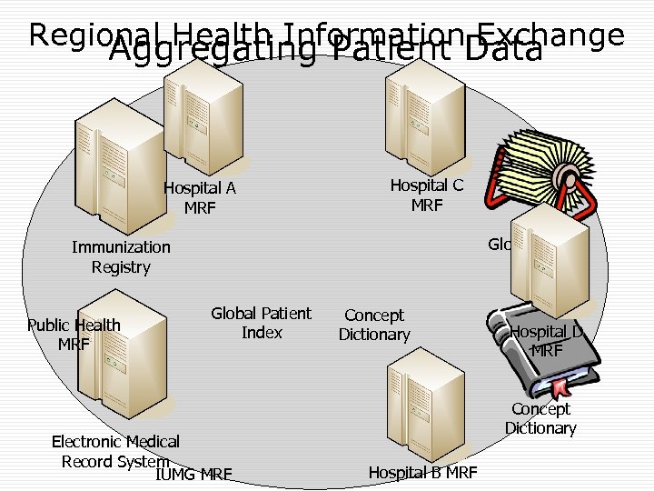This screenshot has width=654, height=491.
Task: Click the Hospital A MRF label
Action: pyautogui.click(x=200, y=198)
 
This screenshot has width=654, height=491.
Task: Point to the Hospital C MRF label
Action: pyautogui.click(x=426, y=195)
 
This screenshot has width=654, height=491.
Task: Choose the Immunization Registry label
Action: pyautogui.click(x=121, y=256)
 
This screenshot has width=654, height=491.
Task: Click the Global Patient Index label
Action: pyautogui.click(x=262, y=323)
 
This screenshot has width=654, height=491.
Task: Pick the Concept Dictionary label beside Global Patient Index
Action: pyautogui.click(x=374, y=325)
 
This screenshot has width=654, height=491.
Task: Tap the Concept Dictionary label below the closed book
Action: pyautogui.click(x=540, y=418)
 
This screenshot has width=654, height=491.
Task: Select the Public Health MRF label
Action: pyautogui.click(x=74, y=334)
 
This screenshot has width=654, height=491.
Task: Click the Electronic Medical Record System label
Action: pyautogui.click(x=115, y=451)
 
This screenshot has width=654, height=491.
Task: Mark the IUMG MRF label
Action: pyautogui.click(x=193, y=474)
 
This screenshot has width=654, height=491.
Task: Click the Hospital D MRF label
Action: pyautogui.click(x=547, y=340)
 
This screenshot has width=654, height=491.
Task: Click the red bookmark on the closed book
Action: pyautogui.click(x=561, y=386)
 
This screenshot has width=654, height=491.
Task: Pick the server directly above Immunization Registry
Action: pyautogui.click(x=109, y=172)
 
